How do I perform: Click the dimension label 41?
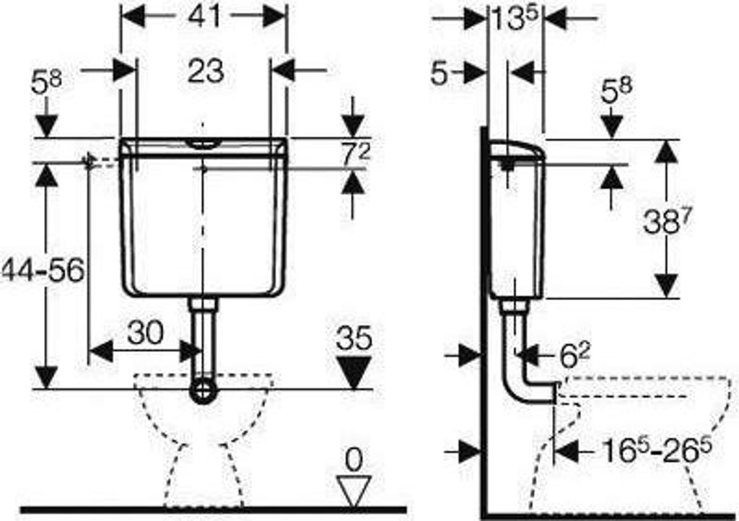tap(204, 17)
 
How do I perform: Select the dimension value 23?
tap(206, 72)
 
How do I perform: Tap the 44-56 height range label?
tap(43, 271)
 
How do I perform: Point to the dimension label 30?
tap(146, 333)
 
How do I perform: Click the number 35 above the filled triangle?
tap(354, 338)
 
